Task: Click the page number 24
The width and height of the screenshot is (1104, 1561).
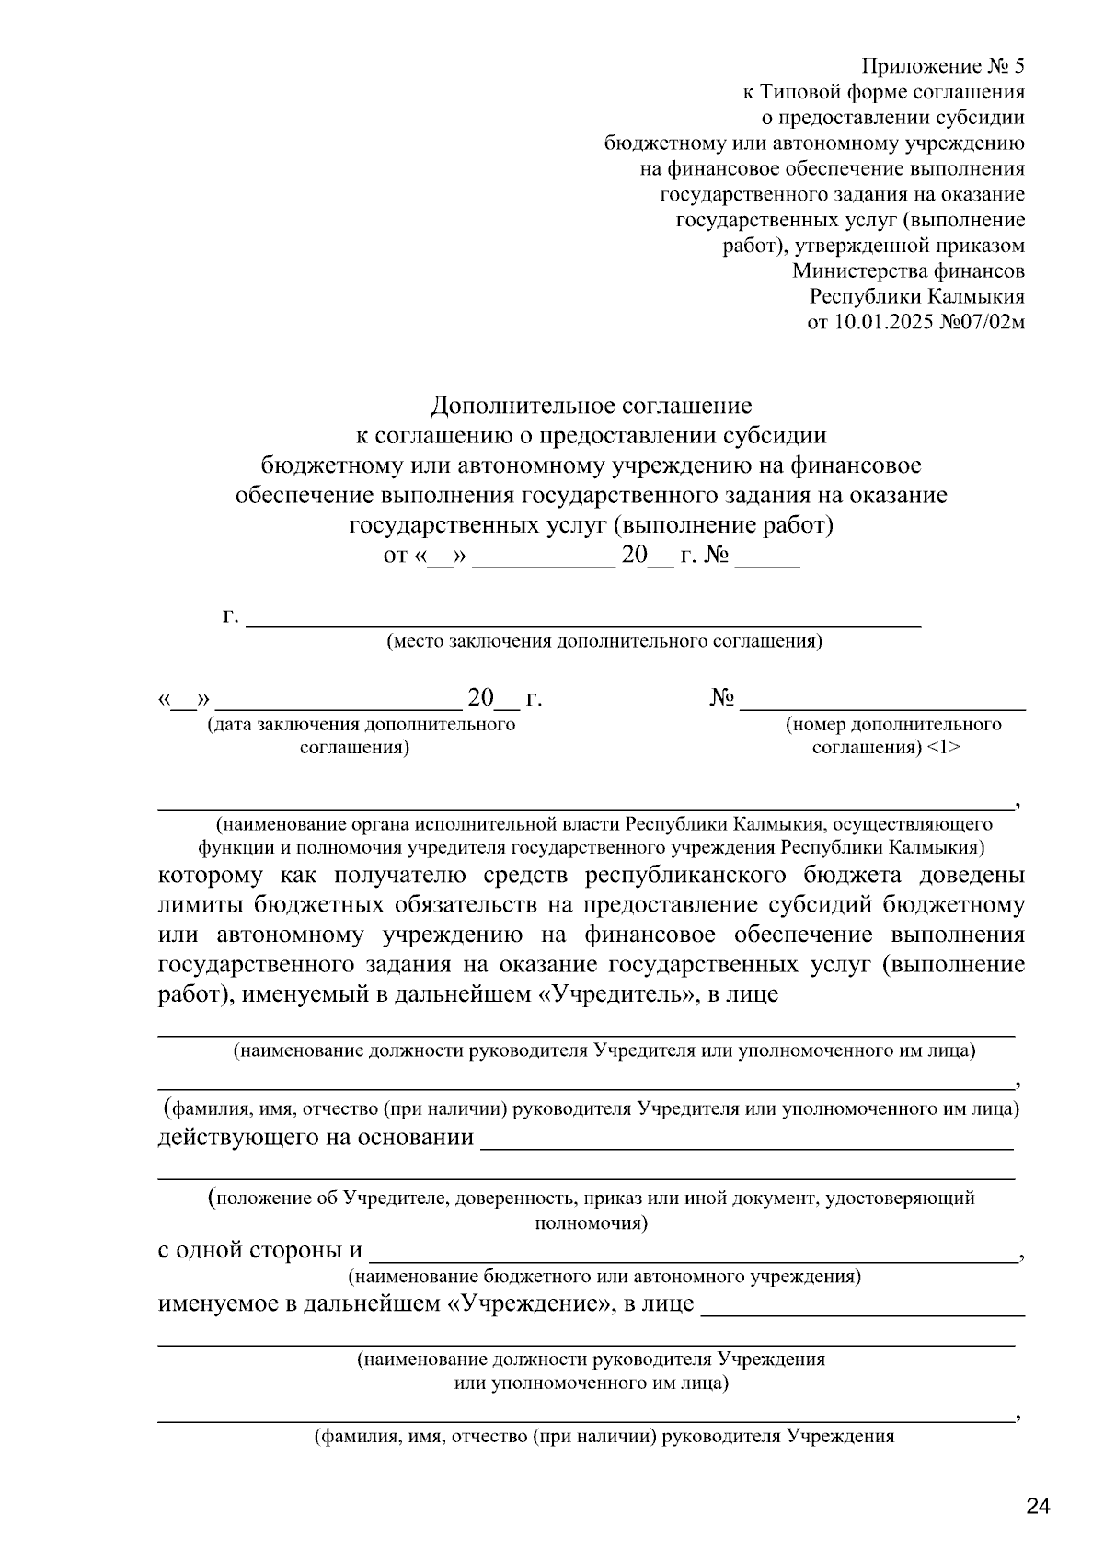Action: pyautogui.click(x=1037, y=1507)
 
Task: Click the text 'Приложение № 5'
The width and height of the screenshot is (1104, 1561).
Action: pyautogui.click(x=942, y=66)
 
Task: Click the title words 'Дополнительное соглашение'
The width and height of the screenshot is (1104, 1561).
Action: pyautogui.click(x=592, y=406)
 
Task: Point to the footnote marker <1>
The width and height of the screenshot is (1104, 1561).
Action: pyautogui.click(x=944, y=747)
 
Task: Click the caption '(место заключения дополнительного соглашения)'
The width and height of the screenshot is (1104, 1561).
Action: pyautogui.click(x=604, y=641)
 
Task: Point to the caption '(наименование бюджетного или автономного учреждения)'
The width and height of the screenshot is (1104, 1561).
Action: pyautogui.click(x=604, y=1277)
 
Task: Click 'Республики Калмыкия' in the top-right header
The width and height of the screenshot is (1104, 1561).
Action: pyautogui.click(x=916, y=297)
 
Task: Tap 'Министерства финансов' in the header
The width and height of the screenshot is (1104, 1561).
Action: pyautogui.click(x=908, y=271)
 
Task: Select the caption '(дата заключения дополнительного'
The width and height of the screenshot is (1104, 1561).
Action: pyautogui.click(x=362, y=725)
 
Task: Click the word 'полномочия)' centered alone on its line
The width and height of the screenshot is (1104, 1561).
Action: pyautogui.click(x=592, y=1223)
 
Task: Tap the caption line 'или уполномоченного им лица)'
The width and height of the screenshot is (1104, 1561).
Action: pyautogui.click(x=592, y=1383)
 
